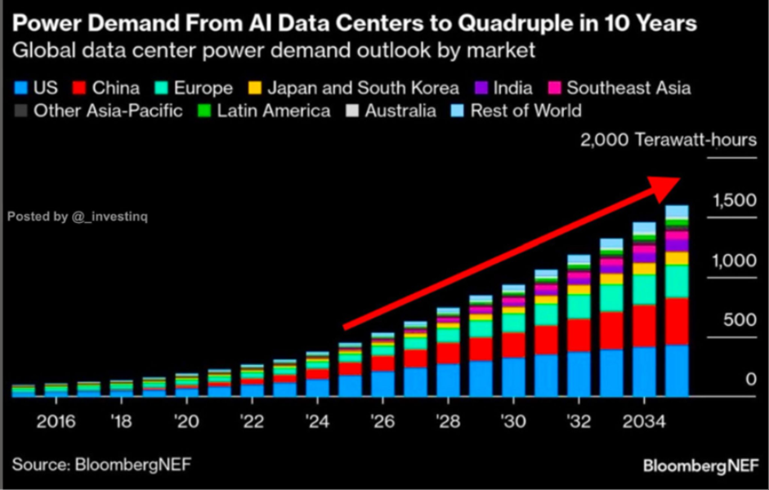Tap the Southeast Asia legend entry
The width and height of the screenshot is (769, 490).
[619, 88]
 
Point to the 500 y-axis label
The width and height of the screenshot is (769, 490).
[740, 320]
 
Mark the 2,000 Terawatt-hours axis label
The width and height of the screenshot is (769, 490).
[668, 140]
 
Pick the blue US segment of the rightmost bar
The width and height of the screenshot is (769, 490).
[677, 371]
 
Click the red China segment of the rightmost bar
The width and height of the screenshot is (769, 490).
[677, 322]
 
